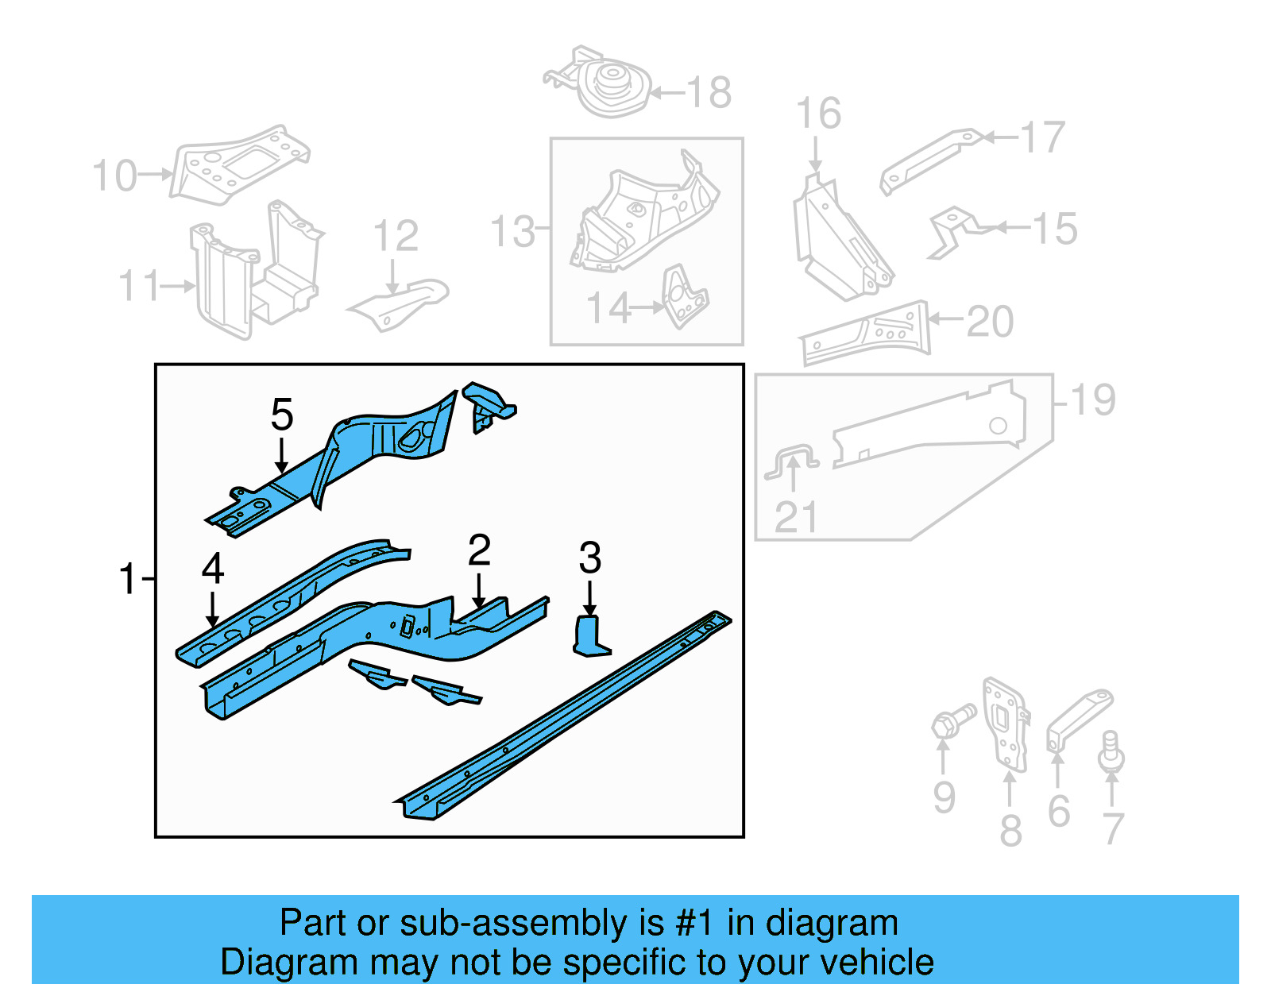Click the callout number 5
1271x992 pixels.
[282, 415]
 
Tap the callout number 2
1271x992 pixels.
[479, 550]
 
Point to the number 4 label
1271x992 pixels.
[213, 569]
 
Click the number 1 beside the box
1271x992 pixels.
[128, 579]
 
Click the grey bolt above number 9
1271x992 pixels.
[951, 720]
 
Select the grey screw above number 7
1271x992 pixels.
[1111, 751]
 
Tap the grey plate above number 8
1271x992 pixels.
[1005, 724]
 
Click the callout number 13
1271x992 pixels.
[513, 232]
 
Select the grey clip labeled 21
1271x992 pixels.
[792, 461]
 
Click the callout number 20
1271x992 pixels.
[990, 322]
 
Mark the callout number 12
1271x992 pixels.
[396, 236]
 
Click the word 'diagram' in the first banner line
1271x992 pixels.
[832, 924]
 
